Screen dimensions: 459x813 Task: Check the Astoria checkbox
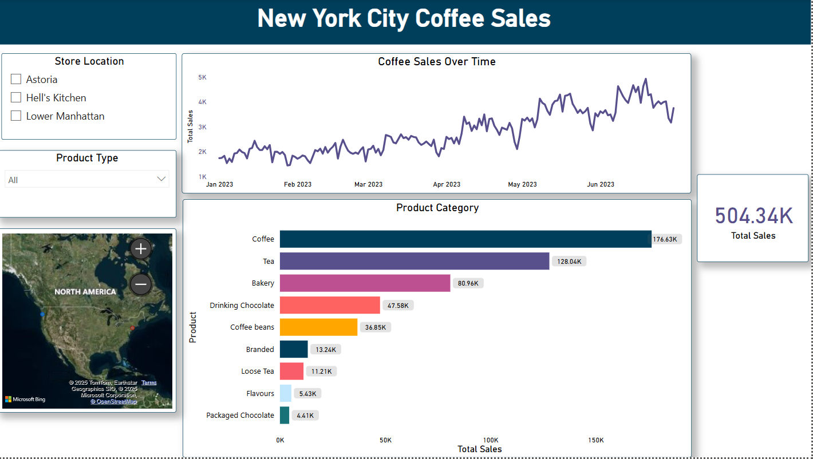coord(16,79)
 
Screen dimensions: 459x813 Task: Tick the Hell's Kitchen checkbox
coord(16,97)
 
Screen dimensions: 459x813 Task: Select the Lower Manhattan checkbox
coord(16,116)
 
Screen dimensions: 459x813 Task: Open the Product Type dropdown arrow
coord(161,179)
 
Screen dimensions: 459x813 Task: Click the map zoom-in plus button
coord(141,248)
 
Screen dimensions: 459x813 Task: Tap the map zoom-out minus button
coord(141,284)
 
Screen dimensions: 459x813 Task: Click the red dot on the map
coord(132,328)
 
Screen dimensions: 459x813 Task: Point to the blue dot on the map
coord(42,314)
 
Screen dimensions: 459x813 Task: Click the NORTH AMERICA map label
coord(85,292)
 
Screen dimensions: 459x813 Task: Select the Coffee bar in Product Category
coord(465,239)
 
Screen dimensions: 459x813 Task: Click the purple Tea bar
coord(414,261)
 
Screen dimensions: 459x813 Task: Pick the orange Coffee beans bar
coord(318,327)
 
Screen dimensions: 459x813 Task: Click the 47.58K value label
coord(398,306)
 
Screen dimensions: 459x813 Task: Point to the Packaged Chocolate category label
coord(240,415)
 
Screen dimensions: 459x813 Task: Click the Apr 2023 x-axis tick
coord(447,184)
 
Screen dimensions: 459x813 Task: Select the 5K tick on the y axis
coord(202,77)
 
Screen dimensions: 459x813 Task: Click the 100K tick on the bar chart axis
coord(491,440)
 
